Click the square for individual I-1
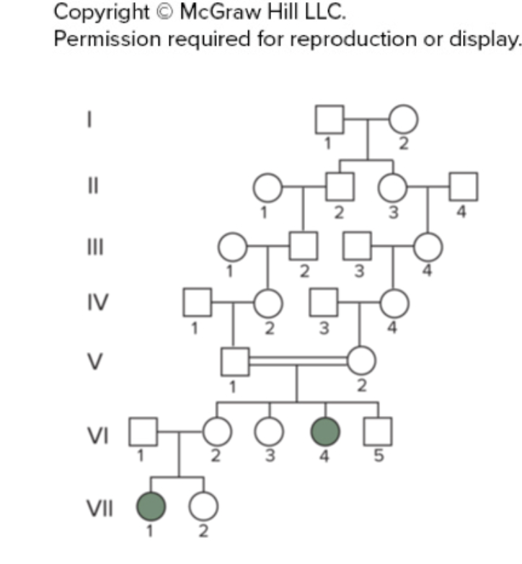pos(329,120)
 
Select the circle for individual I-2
pos(404,120)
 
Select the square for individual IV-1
pos(197,302)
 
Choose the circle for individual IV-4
pos(394,302)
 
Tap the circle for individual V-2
pos(361,361)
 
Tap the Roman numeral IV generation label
pos(95,302)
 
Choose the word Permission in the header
pos(107,38)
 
